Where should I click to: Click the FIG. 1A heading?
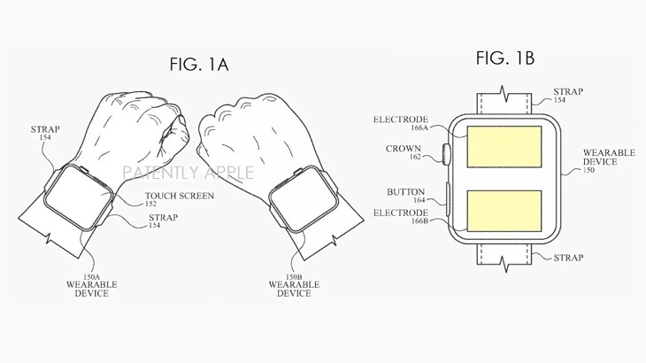pos(199,65)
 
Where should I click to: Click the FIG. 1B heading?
pos(505,58)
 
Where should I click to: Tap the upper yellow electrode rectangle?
pos(504,147)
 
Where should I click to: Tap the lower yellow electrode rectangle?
pos(504,211)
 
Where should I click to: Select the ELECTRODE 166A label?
pos(401,123)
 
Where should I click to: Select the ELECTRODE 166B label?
pos(401,217)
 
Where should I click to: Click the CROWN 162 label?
pos(404,152)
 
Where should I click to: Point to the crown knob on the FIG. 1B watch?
pos(445,154)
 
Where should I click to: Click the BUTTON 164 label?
pos(405,196)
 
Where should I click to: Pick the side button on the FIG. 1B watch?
pos(448,199)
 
